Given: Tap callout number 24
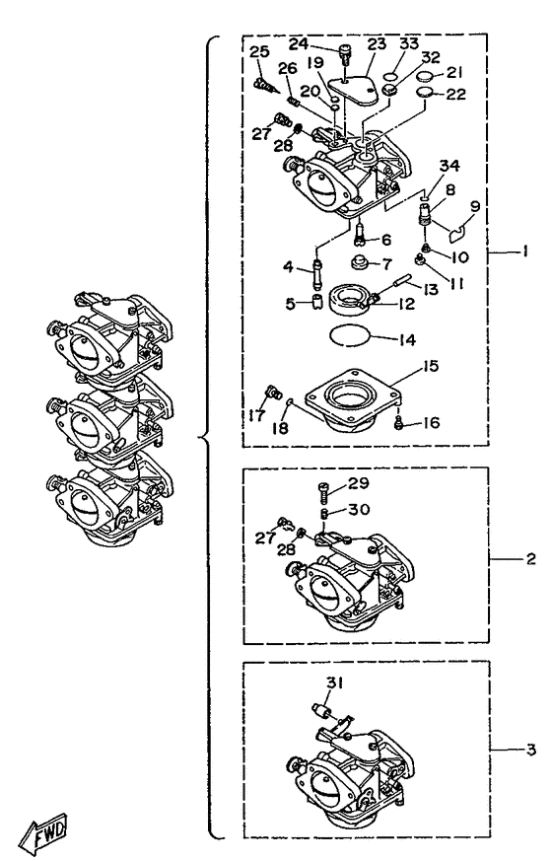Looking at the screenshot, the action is [x=314, y=44].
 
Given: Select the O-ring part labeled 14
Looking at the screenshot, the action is [x=349, y=335].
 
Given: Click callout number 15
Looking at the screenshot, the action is [x=432, y=366].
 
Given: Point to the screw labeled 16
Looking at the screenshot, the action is [x=399, y=423].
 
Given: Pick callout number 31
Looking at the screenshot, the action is [x=335, y=682].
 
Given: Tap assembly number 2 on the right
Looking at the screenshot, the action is [x=530, y=559].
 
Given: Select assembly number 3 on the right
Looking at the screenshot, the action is [x=530, y=750].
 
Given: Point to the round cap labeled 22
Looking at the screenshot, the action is [x=424, y=93].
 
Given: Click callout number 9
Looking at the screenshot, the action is [x=475, y=206].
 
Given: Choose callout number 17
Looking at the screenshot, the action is [x=256, y=414].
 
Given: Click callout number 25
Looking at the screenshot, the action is [x=259, y=51].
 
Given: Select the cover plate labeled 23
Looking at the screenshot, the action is [x=353, y=90].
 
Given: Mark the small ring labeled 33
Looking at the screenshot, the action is [x=389, y=75].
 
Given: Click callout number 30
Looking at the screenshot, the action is [x=360, y=509].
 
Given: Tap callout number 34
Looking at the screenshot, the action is [x=449, y=166].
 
